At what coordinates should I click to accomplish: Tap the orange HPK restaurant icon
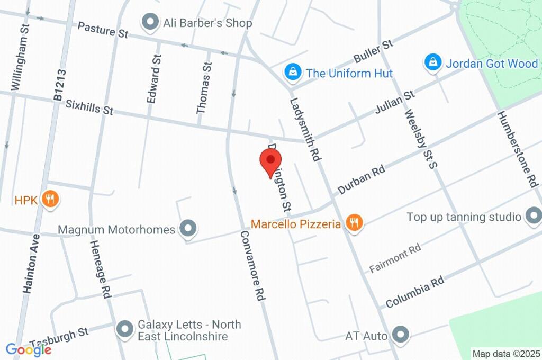(x=51, y=200)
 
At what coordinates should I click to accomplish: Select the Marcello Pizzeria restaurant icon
(x=353, y=223)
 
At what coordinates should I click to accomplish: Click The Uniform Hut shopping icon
(x=292, y=73)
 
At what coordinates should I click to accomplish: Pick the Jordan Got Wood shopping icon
(x=433, y=63)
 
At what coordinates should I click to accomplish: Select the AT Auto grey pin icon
(x=401, y=335)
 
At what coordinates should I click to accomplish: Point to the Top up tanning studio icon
(x=532, y=216)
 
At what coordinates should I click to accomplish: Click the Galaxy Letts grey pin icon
(x=125, y=329)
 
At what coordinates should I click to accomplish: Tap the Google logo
(x=29, y=349)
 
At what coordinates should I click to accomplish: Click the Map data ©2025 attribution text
(x=505, y=353)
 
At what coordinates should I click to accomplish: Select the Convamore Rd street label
(x=252, y=266)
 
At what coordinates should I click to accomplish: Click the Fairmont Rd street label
(x=395, y=258)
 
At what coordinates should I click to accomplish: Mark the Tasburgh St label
(x=59, y=336)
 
